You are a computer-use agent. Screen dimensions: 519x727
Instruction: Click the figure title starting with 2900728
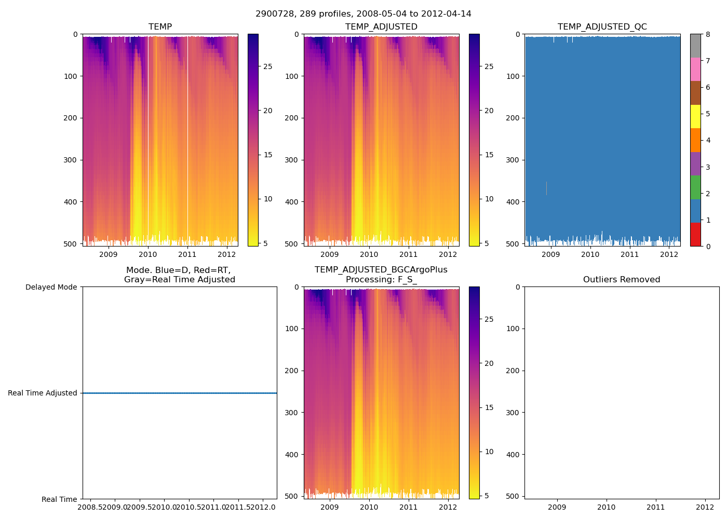click(x=363, y=14)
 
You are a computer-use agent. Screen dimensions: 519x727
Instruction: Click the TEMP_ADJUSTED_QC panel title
click(x=602, y=27)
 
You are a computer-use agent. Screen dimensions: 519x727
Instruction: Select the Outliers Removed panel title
click(x=622, y=280)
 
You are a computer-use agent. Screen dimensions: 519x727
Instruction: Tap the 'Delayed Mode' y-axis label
click(x=51, y=287)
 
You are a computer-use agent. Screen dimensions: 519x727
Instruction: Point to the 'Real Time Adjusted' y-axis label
click(x=43, y=393)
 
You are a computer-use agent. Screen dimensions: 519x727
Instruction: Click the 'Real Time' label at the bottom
click(x=59, y=499)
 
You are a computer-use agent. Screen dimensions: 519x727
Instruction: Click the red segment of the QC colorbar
click(x=695, y=235)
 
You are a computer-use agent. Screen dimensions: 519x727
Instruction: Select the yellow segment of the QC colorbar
click(x=695, y=116)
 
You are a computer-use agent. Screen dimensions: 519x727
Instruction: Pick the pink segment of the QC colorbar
click(x=695, y=69)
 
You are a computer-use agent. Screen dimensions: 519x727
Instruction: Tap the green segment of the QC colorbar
click(x=695, y=187)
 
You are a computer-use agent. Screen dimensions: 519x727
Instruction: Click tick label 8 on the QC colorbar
click(x=708, y=34)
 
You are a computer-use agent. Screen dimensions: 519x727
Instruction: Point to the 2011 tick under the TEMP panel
click(x=187, y=254)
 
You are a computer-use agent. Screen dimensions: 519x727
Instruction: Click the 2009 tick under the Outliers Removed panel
click(x=557, y=507)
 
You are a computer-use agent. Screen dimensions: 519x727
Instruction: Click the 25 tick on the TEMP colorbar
click(x=268, y=66)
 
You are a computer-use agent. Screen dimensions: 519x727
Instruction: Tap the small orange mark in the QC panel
click(x=546, y=188)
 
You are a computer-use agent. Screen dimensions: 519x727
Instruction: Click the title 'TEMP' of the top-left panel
click(x=160, y=27)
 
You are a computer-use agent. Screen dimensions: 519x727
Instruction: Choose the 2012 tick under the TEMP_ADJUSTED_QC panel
click(x=669, y=254)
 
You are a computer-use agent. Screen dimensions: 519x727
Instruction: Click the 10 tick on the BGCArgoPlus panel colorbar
click(x=489, y=452)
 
